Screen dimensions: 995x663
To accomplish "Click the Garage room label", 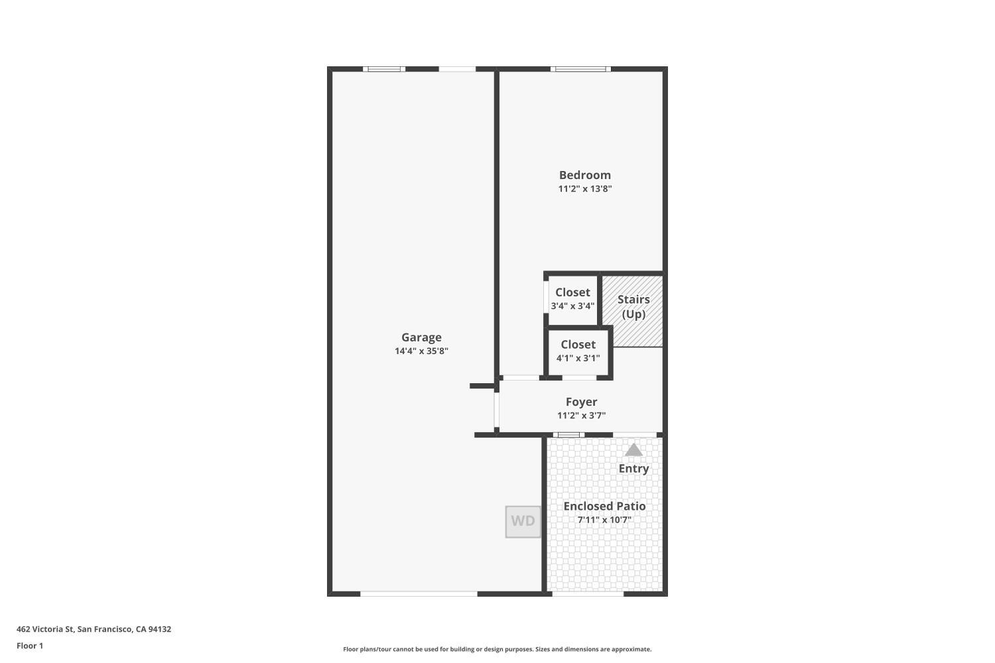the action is click(x=421, y=337).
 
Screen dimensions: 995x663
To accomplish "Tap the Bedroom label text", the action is click(x=584, y=175).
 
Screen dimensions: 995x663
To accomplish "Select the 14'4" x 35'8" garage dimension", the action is click(x=421, y=351).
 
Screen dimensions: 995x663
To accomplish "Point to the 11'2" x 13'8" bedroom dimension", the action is click(x=584, y=189).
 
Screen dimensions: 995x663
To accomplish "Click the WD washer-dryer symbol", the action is click(x=523, y=522).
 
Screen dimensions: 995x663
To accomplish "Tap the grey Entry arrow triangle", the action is click(x=633, y=450).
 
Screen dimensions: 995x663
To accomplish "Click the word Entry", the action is click(x=633, y=469).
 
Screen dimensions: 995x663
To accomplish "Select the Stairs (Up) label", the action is click(x=633, y=307).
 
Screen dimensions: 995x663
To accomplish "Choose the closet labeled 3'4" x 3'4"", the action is click(x=572, y=299).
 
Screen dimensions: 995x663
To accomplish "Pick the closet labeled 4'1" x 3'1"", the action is click(x=578, y=351).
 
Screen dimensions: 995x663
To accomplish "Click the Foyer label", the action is click(x=581, y=402).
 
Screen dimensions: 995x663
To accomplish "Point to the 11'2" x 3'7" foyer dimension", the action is click(x=581, y=416).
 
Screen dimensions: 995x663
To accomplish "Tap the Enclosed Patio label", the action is click(x=604, y=507).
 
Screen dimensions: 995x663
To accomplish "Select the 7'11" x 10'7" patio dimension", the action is click(x=604, y=520).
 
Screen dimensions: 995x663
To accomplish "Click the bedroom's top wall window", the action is click(x=580, y=69).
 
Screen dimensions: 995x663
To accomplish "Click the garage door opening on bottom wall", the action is click(x=419, y=594).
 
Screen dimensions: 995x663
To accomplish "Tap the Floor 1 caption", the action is click(x=30, y=646).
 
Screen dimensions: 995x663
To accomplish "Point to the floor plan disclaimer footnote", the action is click(x=497, y=649).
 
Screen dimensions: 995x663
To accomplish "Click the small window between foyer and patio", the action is click(x=568, y=435).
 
